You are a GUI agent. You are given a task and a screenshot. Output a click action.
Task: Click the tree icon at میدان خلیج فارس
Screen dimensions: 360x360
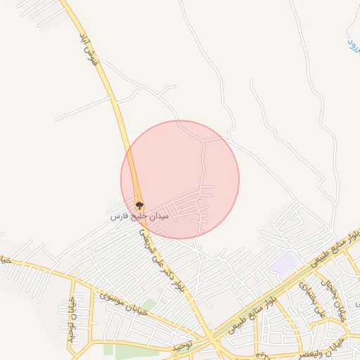(139, 205)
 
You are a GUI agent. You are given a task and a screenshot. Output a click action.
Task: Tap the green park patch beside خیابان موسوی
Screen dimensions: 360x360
(148, 305)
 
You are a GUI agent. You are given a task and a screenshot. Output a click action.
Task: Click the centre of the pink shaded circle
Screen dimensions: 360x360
(180, 179)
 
